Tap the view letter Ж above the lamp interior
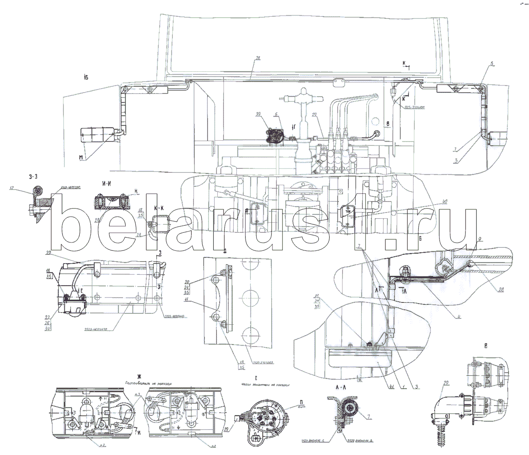[x=139, y=376]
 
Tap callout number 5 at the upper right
[x=491, y=64]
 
